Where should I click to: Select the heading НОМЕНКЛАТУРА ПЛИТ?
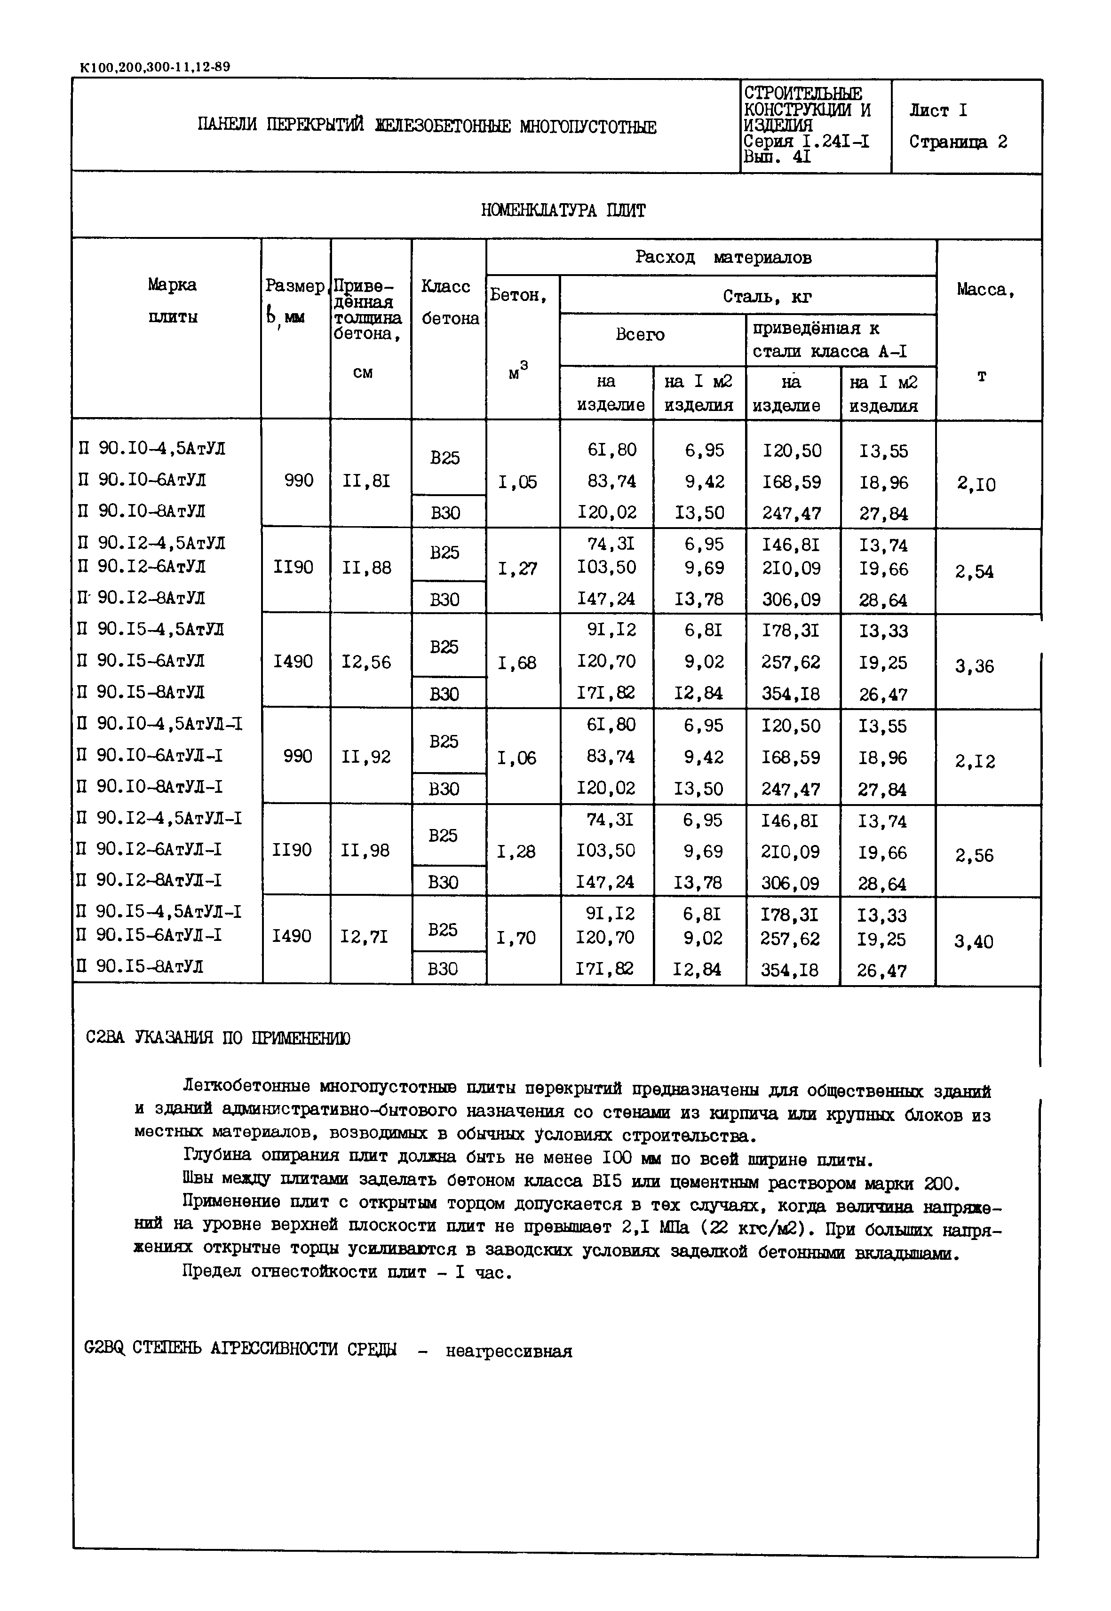(563, 210)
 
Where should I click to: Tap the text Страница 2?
(957, 142)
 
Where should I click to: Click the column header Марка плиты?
(172, 300)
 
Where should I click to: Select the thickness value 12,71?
(365, 937)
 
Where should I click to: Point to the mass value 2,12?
(975, 761)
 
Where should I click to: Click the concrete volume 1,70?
(516, 938)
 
